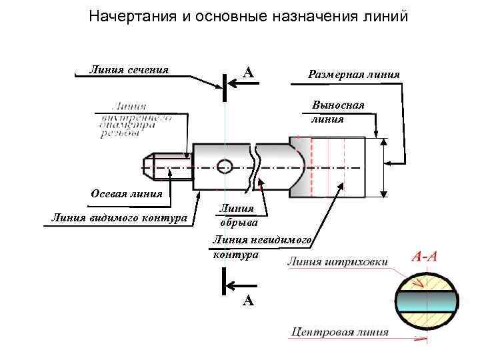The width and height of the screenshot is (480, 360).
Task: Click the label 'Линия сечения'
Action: (129, 69)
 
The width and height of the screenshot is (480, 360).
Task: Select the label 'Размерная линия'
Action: (353, 74)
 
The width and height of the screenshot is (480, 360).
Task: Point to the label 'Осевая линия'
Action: (126, 195)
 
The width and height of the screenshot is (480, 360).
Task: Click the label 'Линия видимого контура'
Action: (119, 218)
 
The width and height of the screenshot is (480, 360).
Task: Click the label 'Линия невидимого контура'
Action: (261, 247)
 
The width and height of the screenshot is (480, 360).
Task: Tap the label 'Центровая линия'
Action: (339, 331)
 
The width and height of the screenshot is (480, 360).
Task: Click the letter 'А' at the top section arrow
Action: (247, 73)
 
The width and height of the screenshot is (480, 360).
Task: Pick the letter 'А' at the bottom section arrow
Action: (247, 301)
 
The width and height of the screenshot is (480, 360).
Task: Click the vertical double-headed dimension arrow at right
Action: (383, 167)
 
